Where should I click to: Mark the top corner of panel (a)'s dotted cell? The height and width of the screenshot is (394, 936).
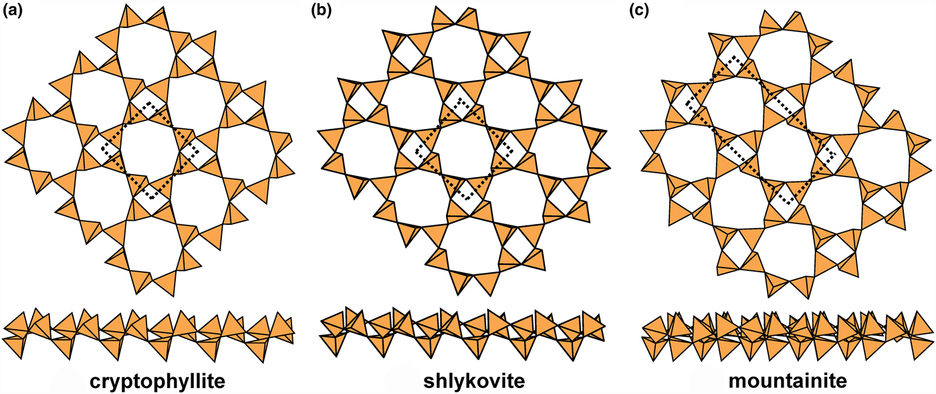(150, 102)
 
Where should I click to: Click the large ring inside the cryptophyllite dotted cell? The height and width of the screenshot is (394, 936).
(150, 150)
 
